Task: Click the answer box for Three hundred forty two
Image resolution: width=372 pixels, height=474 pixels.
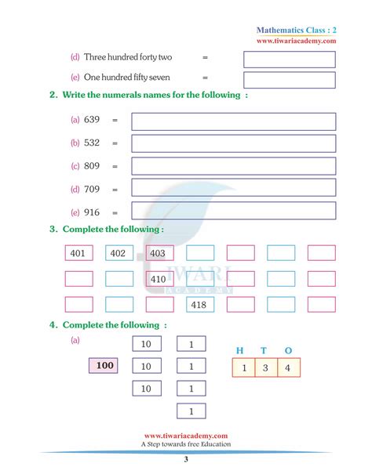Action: click(x=289, y=60)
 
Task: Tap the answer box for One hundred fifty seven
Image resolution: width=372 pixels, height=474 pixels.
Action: click(x=289, y=79)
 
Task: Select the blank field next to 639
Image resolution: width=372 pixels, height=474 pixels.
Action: click(x=233, y=121)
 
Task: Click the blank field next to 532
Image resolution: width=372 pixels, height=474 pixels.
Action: click(x=233, y=143)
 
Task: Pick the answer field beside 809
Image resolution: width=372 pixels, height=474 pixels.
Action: click(x=233, y=166)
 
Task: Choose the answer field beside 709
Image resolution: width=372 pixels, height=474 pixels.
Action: click(x=233, y=188)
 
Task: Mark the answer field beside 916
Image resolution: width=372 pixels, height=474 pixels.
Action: click(x=233, y=211)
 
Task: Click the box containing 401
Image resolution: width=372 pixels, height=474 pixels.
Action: click(x=78, y=253)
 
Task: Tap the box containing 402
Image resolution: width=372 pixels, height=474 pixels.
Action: click(x=119, y=253)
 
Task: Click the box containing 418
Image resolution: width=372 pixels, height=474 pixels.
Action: click(x=199, y=304)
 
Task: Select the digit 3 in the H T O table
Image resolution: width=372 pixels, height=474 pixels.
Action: click(x=267, y=368)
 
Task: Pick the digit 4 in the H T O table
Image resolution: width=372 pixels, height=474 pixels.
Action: click(x=289, y=368)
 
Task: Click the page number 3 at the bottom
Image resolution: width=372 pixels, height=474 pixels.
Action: click(x=185, y=460)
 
